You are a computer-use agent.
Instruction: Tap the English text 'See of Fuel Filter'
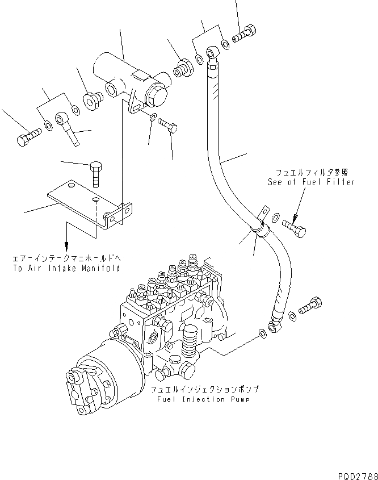(311, 182)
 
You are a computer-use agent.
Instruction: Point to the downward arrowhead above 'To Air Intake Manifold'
(66, 247)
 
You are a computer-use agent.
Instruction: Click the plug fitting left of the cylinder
(92, 101)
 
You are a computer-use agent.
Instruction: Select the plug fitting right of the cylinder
(183, 65)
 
